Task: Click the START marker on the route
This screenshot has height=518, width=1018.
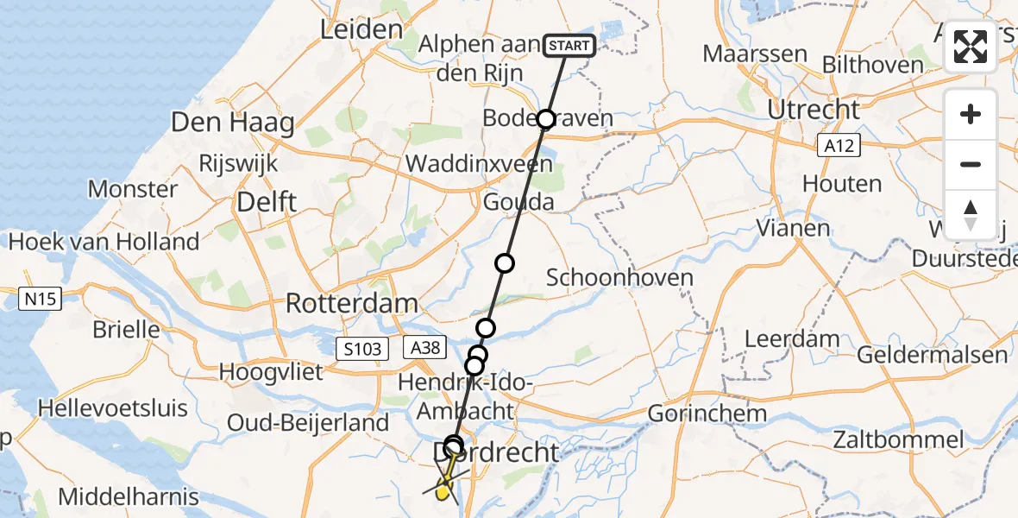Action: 569,45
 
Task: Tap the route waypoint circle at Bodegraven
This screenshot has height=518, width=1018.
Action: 545,119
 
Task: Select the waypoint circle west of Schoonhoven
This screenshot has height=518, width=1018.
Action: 504,263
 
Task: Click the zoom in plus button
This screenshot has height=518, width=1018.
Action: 971,114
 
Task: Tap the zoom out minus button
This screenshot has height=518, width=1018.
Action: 971,164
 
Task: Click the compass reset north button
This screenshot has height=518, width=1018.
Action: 971,214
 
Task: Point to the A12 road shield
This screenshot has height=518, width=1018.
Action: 838,146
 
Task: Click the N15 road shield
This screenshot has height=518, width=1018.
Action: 40,300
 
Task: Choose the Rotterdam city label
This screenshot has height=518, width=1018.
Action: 351,304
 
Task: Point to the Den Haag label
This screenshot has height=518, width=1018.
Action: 232,122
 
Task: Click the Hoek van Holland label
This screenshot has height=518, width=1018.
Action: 104,241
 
